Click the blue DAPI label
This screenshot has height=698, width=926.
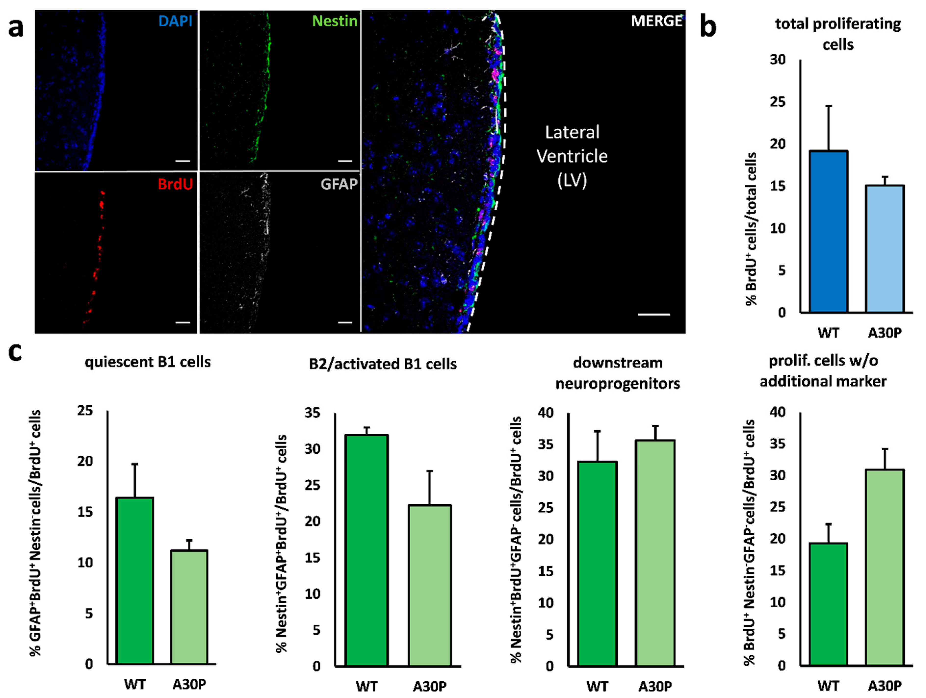[175, 21]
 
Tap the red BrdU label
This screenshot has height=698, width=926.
[175, 184]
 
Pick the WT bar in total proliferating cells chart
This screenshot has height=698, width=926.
[828, 231]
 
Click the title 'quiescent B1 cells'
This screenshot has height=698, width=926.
[148, 362]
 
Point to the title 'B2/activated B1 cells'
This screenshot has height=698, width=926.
[383, 364]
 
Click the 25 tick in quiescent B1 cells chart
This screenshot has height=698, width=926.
[85, 411]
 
